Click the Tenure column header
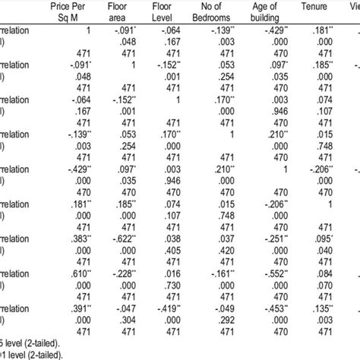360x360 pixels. coord(348,11)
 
